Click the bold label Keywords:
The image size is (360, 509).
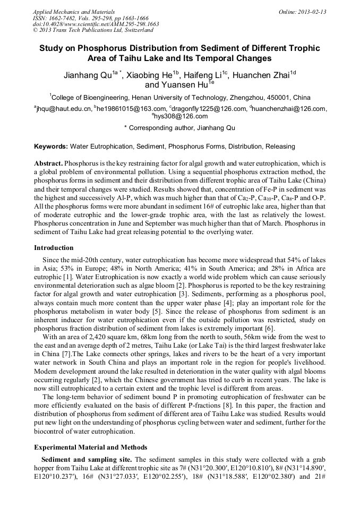[x=51, y=146]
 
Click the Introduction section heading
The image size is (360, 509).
[x=54, y=248]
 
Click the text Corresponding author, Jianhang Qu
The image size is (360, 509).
[x=181, y=128]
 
